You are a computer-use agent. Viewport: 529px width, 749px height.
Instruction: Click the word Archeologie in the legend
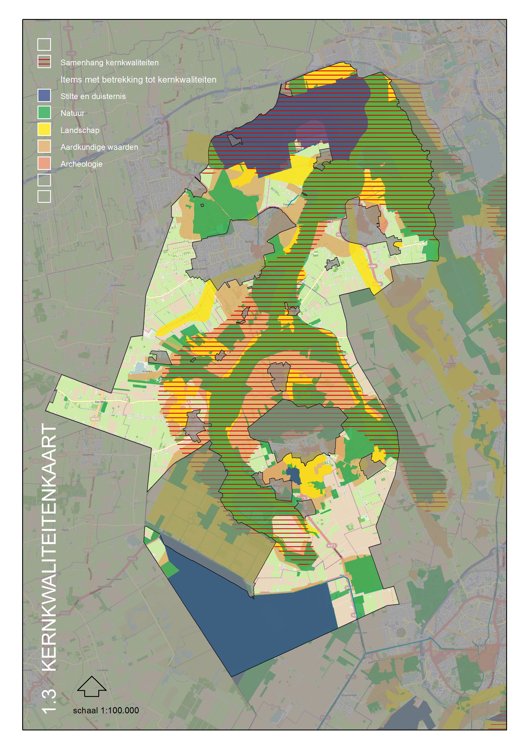[x=81, y=164]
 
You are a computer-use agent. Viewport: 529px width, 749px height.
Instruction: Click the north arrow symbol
[x=92, y=686]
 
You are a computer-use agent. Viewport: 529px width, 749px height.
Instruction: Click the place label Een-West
[x=100, y=402]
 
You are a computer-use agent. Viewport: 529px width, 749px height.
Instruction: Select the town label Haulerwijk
[x=88, y=454]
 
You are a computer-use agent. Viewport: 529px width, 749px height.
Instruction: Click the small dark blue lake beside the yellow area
[x=294, y=476]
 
